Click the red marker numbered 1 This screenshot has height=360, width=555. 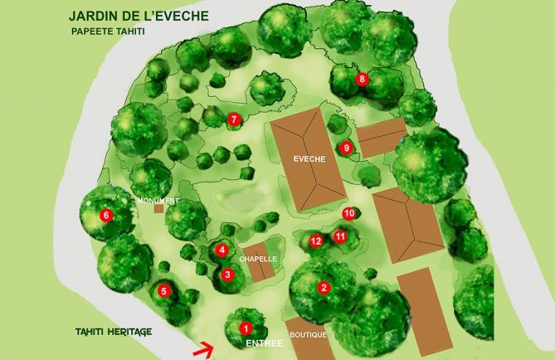click(x=246, y=328)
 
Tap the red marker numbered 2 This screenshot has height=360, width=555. click(x=324, y=288)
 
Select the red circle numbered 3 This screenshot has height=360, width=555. click(x=227, y=275)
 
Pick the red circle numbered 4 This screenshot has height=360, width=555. click(x=222, y=250)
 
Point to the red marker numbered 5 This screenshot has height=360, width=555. click(x=164, y=291)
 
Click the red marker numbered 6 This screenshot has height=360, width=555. click(x=105, y=216)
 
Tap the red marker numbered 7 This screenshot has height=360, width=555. click(x=234, y=119)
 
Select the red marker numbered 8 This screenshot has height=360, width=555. click(x=362, y=80)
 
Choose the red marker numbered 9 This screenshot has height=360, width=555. click(x=347, y=148)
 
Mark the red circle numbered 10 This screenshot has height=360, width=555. click(x=348, y=213)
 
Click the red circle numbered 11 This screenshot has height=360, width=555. click(x=340, y=236)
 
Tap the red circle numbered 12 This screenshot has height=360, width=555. click(x=316, y=241)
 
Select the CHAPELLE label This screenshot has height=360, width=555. click(x=257, y=259)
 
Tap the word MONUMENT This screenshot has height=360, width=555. click(x=158, y=201)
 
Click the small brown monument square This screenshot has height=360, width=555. click(x=158, y=209)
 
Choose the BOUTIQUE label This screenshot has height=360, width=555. click(x=308, y=335)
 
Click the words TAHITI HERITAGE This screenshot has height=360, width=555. click(x=111, y=332)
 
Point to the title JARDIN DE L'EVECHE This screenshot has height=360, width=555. click(x=139, y=16)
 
